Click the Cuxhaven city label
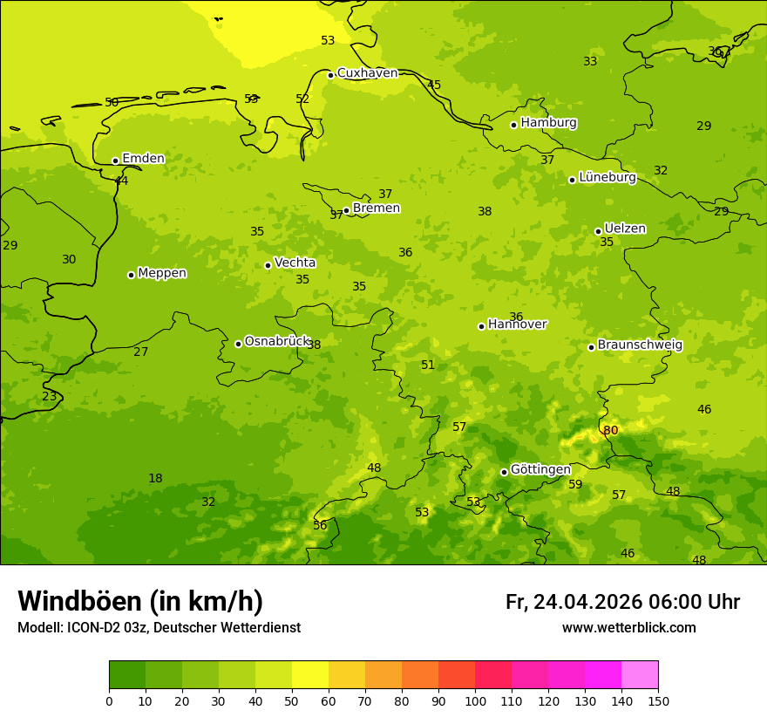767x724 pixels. pos(367,73)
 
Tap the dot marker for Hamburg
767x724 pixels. pos(514,125)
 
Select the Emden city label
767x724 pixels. pos(143,158)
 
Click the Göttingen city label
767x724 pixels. pos(540,469)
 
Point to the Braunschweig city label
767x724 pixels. pos(640,345)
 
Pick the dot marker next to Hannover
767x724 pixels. pos(481,326)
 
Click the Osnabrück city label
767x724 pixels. pos(277,341)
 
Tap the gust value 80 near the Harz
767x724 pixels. pos(610,430)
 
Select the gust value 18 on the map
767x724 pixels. pos(155,478)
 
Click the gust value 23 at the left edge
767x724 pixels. pos(50,396)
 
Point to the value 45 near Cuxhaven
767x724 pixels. pos(434,85)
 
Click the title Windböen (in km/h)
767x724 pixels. pos(140,601)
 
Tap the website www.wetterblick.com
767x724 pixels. pos(628,628)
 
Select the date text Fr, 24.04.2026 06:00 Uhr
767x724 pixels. pos(622,602)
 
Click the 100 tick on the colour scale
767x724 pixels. pos(475,700)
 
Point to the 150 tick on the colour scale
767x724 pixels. pos(658,700)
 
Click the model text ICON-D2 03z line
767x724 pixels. pos(159,628)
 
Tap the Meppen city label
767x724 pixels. pos(162,273)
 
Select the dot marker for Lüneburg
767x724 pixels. pos(572,180)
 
